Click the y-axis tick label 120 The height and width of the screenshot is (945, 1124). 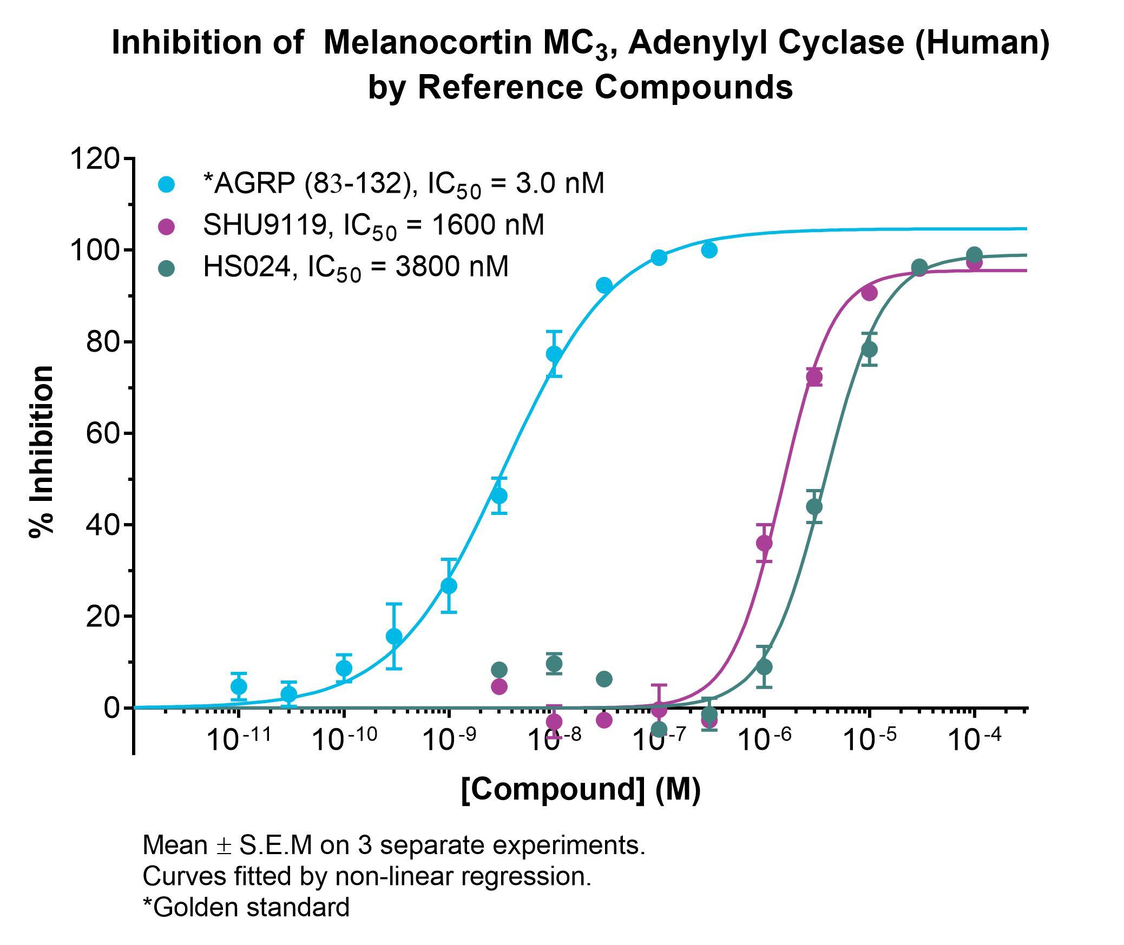coord(94,159)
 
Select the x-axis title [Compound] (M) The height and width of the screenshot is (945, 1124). coord(581,789)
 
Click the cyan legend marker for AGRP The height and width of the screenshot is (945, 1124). coord(167,184)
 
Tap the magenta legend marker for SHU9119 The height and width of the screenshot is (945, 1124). coord(167,226)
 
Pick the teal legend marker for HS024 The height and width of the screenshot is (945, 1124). coord(167,267)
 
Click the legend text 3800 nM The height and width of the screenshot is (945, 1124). coord(452,267)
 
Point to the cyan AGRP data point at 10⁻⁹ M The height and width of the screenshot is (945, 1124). coord(449,586)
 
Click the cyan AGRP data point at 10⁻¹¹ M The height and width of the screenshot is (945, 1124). coord(239,686)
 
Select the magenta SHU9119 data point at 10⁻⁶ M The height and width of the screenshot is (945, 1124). coord(764,543)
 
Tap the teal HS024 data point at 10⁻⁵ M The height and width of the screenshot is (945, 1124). coord(869,349)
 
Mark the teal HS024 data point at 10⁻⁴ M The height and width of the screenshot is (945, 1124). coord(974,254)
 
